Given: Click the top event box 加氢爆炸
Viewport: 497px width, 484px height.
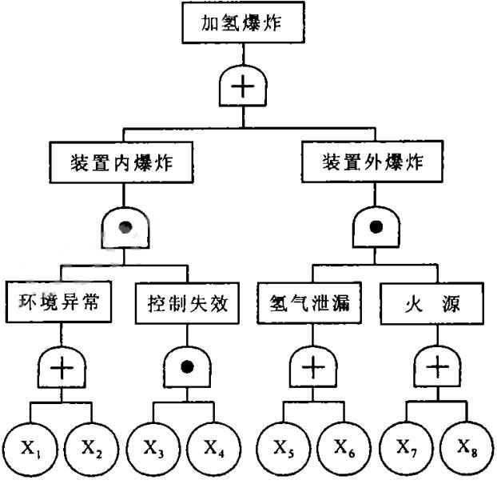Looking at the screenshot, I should pyautogui.click(x=242, y=24).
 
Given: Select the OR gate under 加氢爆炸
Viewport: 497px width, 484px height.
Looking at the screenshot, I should pyautogui.click(x=242, y=86).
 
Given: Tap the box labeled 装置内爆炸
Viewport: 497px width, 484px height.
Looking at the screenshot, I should pyautogui.click(x=122, y=164).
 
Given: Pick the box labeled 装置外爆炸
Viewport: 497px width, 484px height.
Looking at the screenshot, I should pyautogui.click(x=372, y=164).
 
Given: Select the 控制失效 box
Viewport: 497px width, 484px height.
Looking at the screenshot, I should pyautogui.click(x=187, y=304).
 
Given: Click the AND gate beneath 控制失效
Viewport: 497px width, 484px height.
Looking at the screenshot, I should pyautogui.click(x=188, y=367).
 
